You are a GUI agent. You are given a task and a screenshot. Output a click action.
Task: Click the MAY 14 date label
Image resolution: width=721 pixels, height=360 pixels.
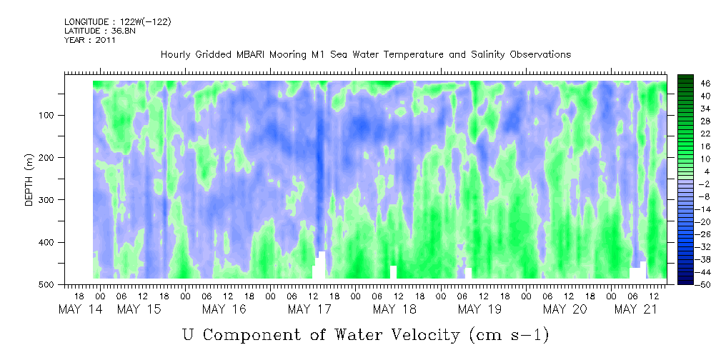click(x=81, y=310)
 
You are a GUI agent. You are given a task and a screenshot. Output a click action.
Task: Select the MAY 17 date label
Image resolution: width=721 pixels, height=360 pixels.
click(x=309, y=310)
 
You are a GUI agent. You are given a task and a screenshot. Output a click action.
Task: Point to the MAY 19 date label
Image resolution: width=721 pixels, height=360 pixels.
click(x=479, y=310)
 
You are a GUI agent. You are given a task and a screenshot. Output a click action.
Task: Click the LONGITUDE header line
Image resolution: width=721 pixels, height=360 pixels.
click(x=118, y=22)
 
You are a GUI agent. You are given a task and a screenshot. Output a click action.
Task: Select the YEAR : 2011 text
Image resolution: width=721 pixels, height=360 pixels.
click(x=89, y=40)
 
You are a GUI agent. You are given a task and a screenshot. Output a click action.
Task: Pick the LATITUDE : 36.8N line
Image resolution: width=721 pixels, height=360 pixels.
click(x=100, y=31)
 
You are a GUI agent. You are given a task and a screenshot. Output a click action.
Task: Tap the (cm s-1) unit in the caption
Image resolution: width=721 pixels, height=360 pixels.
click(x=509, y=335)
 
